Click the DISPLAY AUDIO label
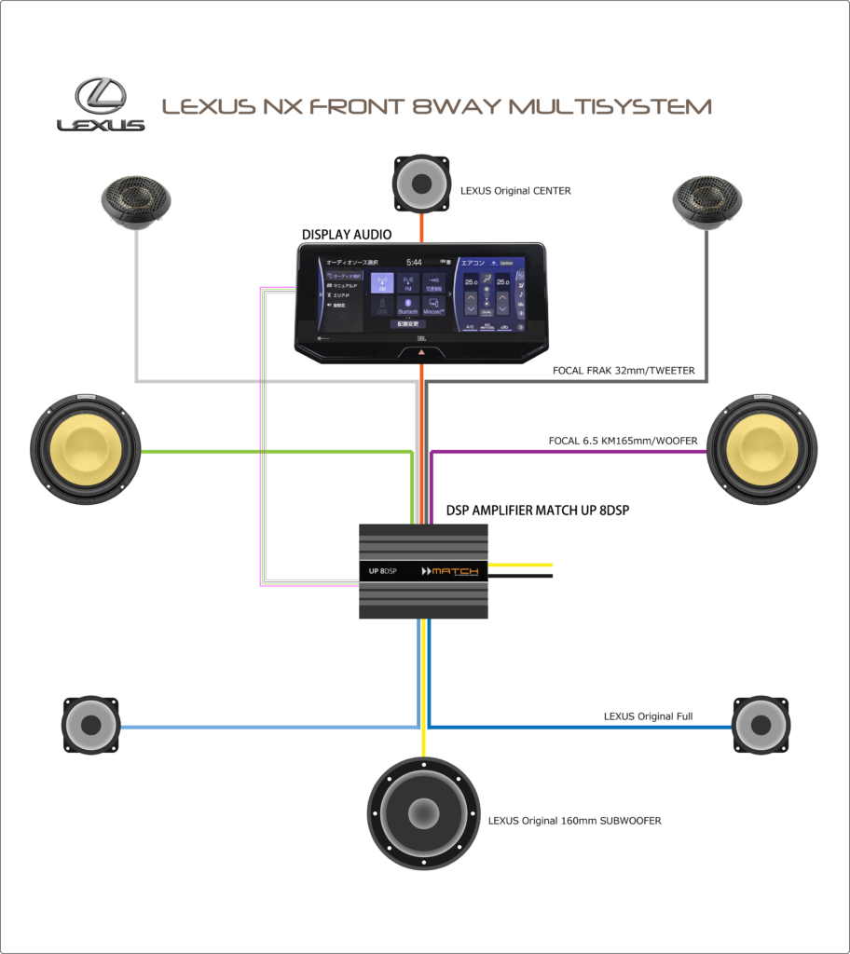coord(346,234)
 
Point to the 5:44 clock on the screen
coord(414,263)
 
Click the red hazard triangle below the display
coord(421,355)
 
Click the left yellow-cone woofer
coord(86,452)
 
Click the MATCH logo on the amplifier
coord(451,571)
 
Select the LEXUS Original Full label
coord(654,716)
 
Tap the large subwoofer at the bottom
coord(423,813)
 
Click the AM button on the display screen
coord(382,282)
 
